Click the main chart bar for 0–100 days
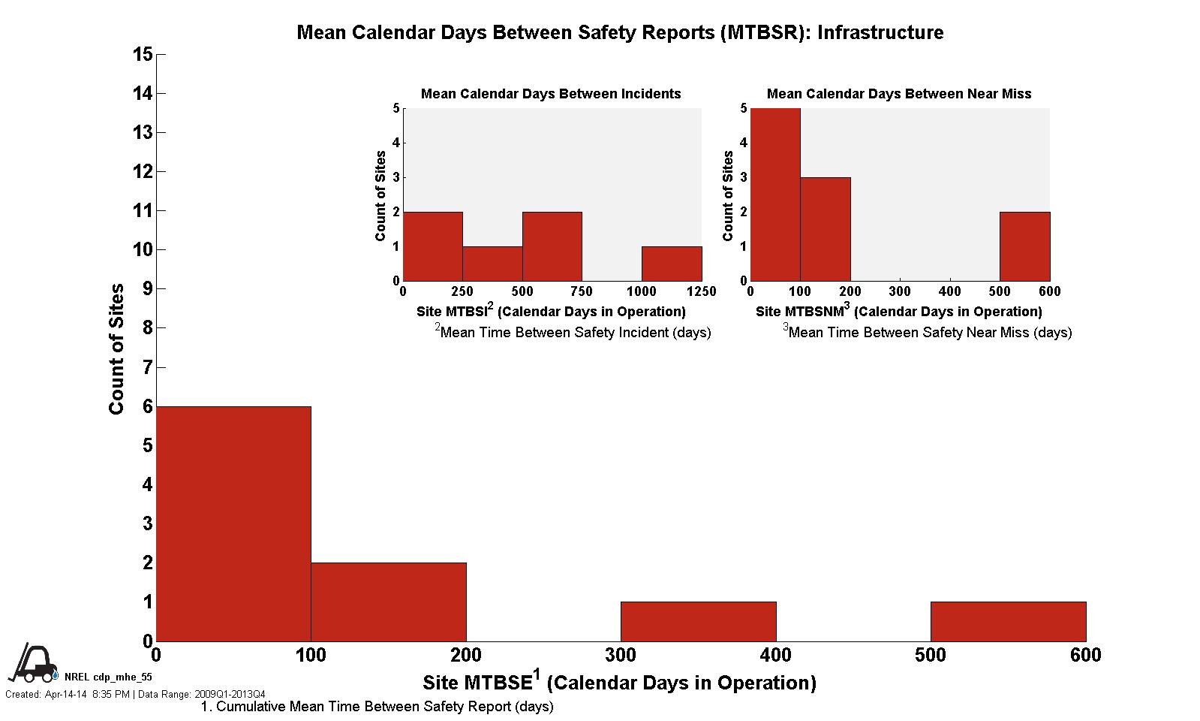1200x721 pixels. pos(233,523)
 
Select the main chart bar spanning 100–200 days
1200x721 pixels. pos(389,602)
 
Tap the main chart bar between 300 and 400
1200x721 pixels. pos(699,621)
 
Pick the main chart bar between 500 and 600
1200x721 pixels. pos(1008,621)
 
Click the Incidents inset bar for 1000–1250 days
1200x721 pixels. pos(672,264)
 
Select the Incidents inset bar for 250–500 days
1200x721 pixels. pos(492,264)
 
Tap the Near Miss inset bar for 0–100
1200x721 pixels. pos(775,195)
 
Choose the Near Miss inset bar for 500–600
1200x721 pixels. pos(1024,246)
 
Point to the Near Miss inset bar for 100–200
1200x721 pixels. pos(826,229)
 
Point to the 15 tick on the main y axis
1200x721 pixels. pos(143,54)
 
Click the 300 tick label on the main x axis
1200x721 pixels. pos(621,656)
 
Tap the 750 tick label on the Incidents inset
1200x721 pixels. pos(582,291)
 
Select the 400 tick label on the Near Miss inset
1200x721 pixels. pos(949,291)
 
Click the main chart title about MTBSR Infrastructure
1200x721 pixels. pos(620,32)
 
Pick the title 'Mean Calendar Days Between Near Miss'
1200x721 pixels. pos(898,94)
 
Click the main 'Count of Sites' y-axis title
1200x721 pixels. pos(116,348)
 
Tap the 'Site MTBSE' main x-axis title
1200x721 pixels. pos(619,682)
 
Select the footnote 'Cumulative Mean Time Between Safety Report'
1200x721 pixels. pos(377,707)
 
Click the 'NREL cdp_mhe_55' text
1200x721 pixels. pos(108,677)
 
